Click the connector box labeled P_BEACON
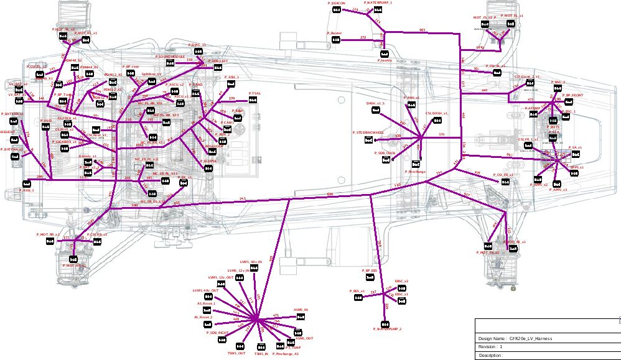[337, 10]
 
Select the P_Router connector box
[336, 40]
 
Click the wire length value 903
[423, 30]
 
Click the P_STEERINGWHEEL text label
[368, 132]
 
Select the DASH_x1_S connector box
[376, 110]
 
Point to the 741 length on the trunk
[243, 198]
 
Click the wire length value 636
[330, 195]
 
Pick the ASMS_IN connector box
[301, 316]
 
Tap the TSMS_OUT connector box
[236, 346]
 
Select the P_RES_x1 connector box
[358, 298]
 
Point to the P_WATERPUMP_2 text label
[387, 328]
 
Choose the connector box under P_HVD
[46, 127]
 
